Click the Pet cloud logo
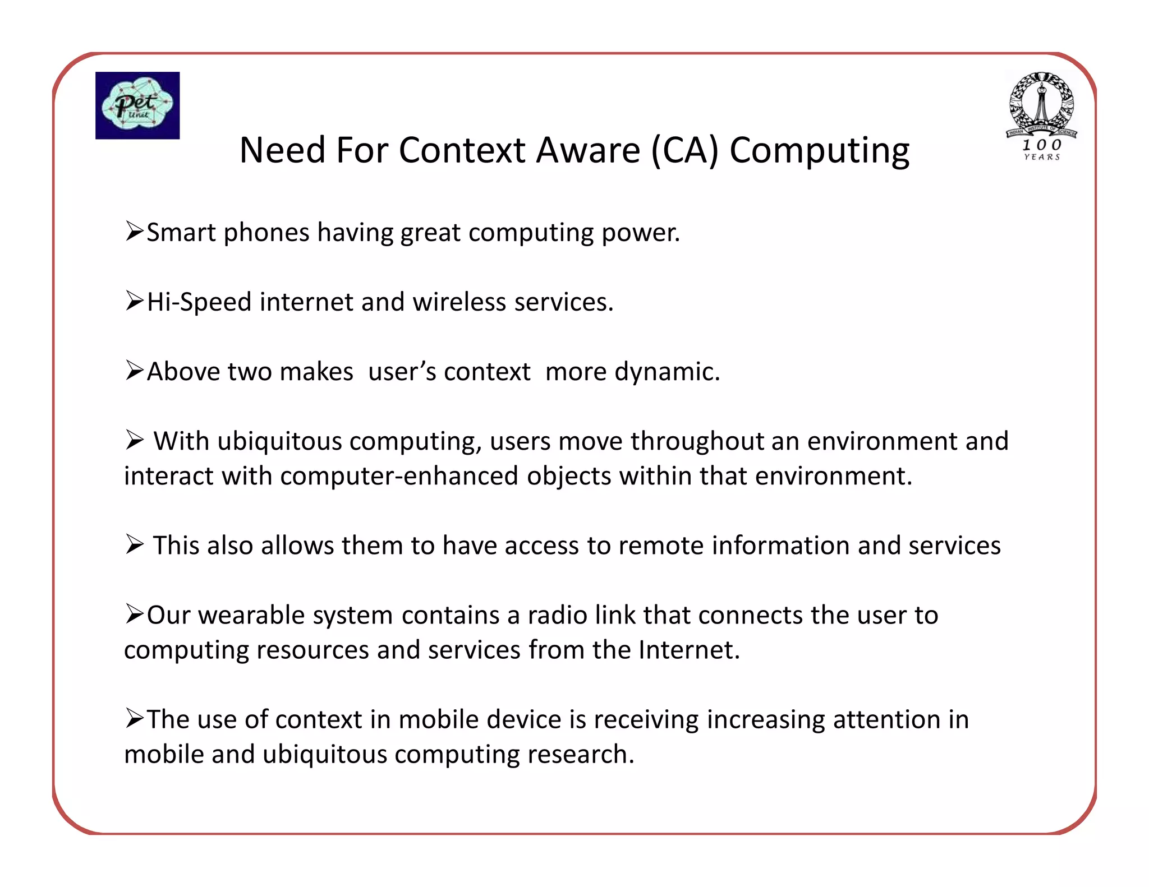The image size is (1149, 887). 137,105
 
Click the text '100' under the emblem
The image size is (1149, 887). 1041,145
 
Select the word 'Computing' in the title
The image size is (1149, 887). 819,151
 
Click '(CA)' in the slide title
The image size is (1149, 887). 684,151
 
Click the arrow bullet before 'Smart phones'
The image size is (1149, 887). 135,231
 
